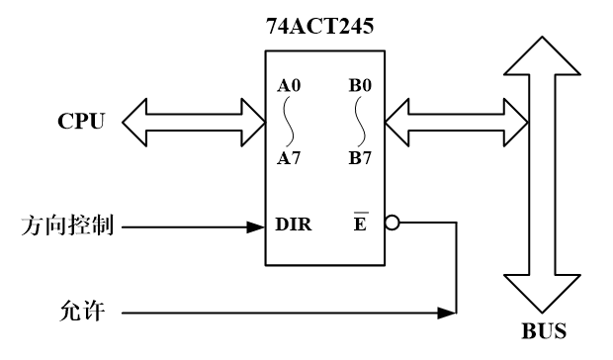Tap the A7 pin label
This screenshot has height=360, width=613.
[291, 158]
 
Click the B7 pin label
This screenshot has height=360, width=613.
[360, 158]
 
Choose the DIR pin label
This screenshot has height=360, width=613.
[294, 225]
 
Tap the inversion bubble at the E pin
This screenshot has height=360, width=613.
[392, 225]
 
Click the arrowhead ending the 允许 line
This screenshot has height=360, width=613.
[451, 314]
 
